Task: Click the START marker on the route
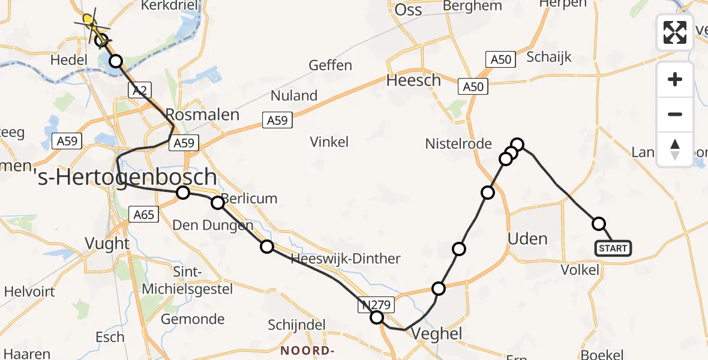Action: [x=613, y=248]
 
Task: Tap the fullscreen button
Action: [x=675, y=32]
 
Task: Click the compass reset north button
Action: [x=675, y=149]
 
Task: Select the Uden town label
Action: [x=527, y=239]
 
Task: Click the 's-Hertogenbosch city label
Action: [x=127, y=177]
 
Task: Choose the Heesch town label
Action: [x=413, y=80]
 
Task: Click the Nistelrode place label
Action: [x=458, y=144]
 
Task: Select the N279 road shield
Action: [x=376, y=304]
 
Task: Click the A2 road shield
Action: [x=138, y=90]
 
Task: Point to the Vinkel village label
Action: [x=329, y=142]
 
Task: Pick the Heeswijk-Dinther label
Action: [x=345, y=259]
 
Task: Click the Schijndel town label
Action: [x=295, y=325]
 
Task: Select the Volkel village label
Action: [x=580, y=270]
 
